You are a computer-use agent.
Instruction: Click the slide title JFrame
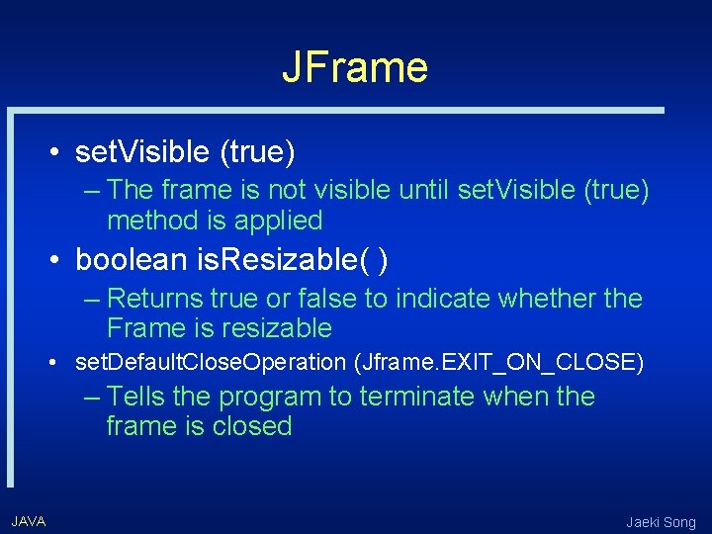[355, 67]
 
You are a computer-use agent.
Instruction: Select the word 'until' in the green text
[429, 190]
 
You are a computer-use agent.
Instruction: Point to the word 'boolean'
[132, 260]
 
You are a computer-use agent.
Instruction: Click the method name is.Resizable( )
[292, 260]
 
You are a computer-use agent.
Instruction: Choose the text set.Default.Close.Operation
[211, 363]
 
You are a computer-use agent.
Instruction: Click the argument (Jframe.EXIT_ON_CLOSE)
[498, 363]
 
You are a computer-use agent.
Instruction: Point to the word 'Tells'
[139, 397]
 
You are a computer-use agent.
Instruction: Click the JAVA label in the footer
[29, 521]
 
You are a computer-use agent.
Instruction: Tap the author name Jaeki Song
[661, 522]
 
